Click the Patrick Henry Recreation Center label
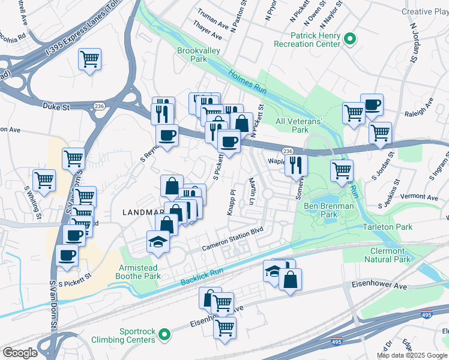tap(307, 40)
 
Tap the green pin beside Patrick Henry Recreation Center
tap(351, 40)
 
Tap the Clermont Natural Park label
tap(387, 254)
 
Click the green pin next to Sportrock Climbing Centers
tap(169, 334)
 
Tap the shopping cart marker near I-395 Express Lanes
tap(89, 59)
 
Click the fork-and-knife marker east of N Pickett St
tap(296, 164)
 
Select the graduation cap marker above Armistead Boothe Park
tap(158, 241)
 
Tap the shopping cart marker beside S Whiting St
tap(44, 179)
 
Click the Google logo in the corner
tap(20, 352)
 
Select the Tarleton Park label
tap(387, 227)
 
